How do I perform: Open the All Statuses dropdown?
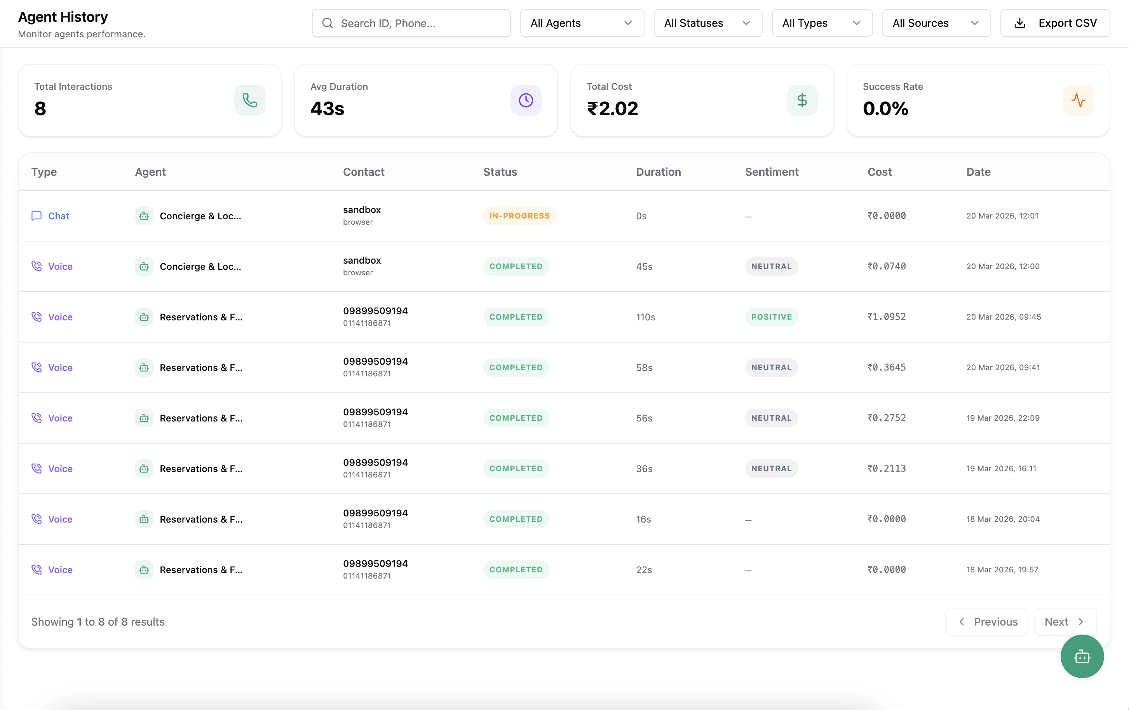(707, 23)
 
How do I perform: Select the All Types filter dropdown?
(821, 23)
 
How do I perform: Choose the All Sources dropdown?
(936, 23)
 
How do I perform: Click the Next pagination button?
(1065, 622)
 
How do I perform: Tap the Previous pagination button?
(986, 622)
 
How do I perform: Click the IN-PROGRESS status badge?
(519, 216)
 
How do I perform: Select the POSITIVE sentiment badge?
(771, 317)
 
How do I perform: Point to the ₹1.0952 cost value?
(886, 317)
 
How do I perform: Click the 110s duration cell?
(645, 317)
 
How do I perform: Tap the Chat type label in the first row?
(58, 216)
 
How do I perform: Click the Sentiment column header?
(771, 172)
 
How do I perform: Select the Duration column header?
(658, 172)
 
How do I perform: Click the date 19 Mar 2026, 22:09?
(1002, 418)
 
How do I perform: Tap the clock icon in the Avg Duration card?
(526, 100)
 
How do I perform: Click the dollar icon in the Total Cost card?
(802, 100)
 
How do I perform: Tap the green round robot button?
(1082, 656)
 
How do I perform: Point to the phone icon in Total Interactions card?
(249, 100)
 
